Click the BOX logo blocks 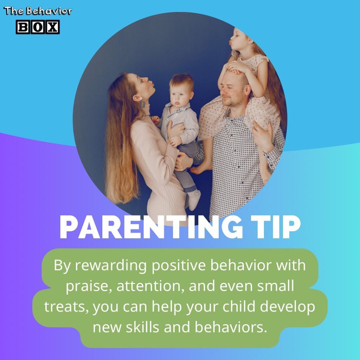coord(38,27)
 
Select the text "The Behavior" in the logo coord(38,11)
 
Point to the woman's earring coord(142,104)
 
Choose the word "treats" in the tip coord(66,307)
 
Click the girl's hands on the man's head coord(239,67)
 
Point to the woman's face coord(148,85)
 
